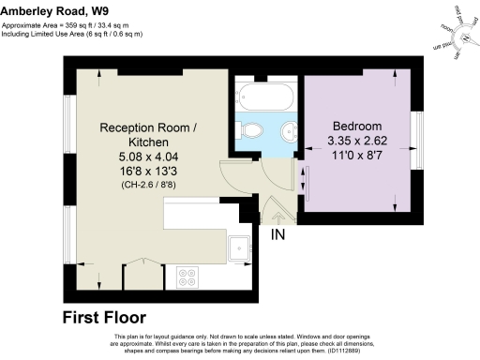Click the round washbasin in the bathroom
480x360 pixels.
289,129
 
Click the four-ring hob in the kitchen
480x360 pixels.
184,277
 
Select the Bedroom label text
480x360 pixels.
357,127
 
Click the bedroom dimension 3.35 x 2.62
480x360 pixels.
357,142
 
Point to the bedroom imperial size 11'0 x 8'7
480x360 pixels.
357,157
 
